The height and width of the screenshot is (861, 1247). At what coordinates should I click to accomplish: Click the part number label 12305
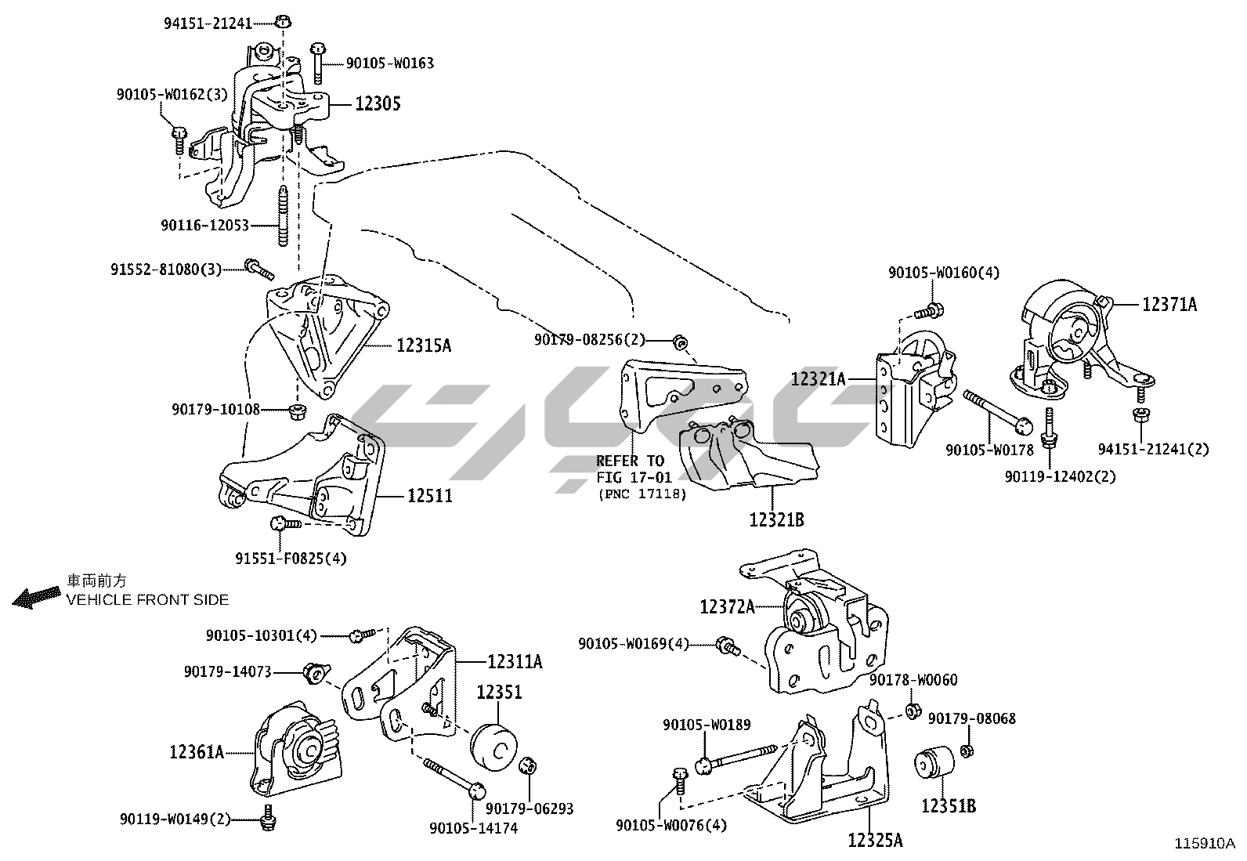pos(378,103)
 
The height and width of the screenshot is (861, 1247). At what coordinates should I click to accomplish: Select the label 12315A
pos(424,345)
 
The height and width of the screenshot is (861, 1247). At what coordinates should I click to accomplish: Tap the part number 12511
pos(429,496)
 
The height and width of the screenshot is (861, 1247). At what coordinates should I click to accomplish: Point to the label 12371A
pos(1169,305)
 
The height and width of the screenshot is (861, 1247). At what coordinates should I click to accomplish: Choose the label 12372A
pos(727,606)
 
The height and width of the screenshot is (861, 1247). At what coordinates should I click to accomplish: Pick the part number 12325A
pos(875,841)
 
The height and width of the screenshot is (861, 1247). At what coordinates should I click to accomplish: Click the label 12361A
pos(197,752)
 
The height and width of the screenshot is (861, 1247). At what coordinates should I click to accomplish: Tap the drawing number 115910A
pos(1204,844)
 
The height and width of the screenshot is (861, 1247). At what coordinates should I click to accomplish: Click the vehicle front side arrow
pos(36,599)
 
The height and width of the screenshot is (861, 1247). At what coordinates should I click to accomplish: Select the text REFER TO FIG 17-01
pos(630,468)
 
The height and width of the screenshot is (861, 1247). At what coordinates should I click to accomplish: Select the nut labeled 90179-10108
pos(296,411)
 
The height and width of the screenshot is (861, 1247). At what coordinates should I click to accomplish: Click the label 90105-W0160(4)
pos(943,273)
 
